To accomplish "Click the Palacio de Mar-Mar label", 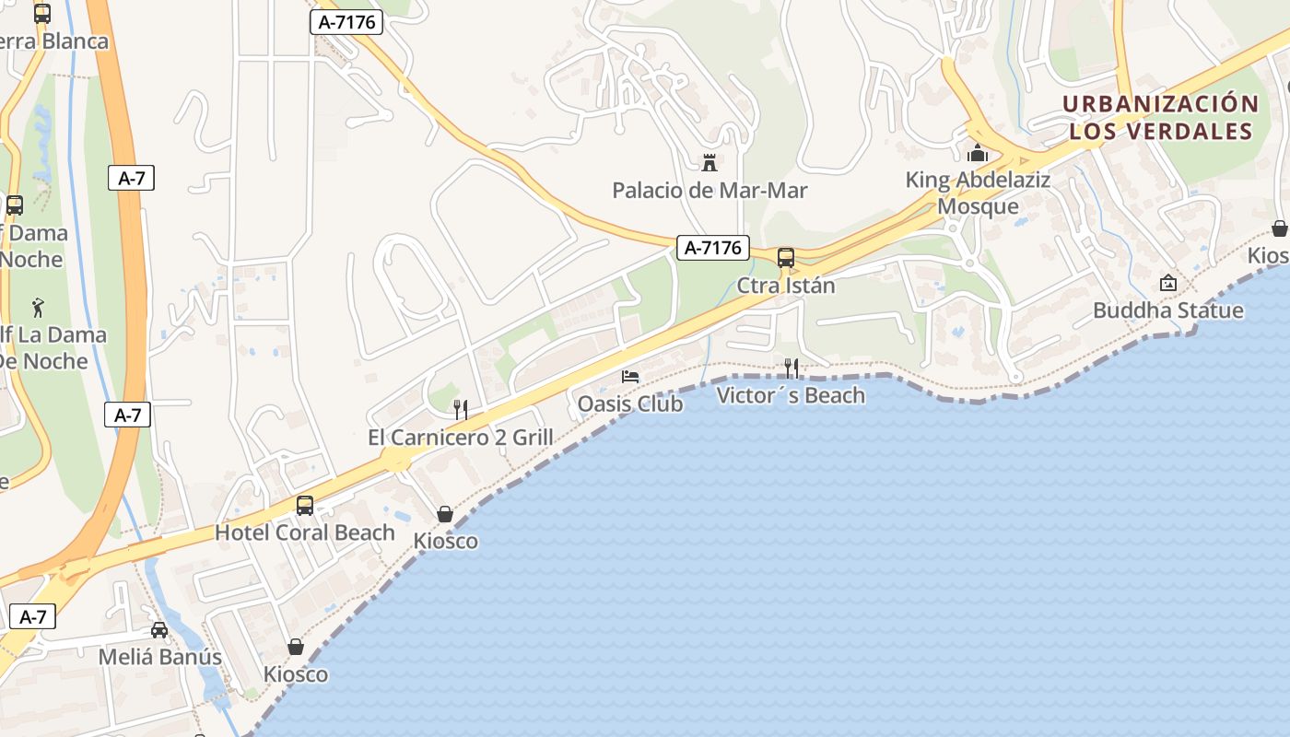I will point(709,191).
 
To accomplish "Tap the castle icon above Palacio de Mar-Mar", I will point(709,163).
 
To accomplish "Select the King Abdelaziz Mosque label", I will point(978,193).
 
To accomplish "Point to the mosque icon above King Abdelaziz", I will point(978,153).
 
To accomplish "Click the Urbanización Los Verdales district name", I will point(1160,117).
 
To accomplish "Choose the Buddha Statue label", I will point(1167,310).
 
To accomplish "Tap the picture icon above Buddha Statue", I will point(1168,283).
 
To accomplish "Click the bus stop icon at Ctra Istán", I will point(786,258).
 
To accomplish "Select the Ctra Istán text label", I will point(786,286).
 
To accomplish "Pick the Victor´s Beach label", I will point(791,396).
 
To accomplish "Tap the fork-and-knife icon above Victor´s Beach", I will point(791,368).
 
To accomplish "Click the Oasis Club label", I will point(630,404).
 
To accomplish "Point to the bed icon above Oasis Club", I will point(630,376).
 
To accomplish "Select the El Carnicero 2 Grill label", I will point(461,438).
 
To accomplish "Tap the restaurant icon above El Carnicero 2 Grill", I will point(461,410).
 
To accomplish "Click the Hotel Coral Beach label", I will point(305,532).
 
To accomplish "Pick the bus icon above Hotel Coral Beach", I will point(305,506).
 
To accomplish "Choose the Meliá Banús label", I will point(160,657).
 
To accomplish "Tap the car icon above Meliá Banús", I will point(159,630).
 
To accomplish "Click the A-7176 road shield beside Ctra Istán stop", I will point(712,248).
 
